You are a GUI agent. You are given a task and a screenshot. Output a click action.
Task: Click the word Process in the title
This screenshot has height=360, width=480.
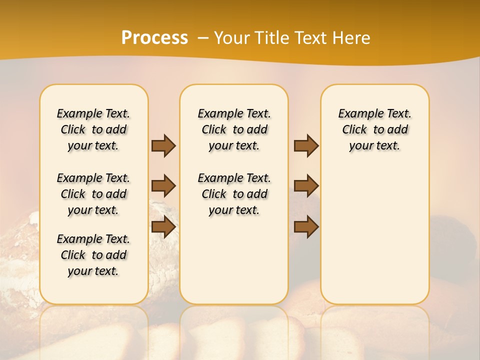coord(154,37)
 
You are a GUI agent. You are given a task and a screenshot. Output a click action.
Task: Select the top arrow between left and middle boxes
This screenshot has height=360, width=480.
coord(163,145)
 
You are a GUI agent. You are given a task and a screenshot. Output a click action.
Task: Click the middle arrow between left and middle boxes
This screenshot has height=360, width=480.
coord(163,186)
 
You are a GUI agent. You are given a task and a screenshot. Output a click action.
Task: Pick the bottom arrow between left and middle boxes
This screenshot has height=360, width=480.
coord(163,227)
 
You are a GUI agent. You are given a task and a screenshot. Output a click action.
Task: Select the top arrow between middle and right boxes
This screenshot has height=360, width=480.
coord(306,145)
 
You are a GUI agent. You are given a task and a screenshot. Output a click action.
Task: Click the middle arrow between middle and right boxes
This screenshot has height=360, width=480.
coord(306,186)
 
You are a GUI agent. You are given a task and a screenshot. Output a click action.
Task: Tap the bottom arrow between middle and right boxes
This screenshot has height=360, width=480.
coord(306,227)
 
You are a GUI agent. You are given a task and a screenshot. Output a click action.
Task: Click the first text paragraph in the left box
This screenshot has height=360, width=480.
coord(93,129)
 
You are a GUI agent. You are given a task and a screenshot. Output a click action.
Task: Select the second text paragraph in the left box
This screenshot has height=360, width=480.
coord(93,194)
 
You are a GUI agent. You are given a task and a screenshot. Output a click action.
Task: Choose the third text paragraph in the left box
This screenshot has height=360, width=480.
coord(93,255)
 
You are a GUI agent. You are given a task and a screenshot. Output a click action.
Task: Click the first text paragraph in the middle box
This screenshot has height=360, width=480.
coord(234,129)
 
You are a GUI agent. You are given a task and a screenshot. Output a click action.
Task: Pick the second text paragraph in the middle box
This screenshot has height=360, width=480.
coord(234,194)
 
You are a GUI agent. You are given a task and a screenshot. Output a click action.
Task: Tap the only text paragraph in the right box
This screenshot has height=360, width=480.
coord(374,129)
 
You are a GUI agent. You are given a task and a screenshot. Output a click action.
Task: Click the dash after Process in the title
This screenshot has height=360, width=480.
coord(203,38)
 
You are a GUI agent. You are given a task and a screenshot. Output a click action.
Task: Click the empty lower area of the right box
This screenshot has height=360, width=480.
coord(374,240)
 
